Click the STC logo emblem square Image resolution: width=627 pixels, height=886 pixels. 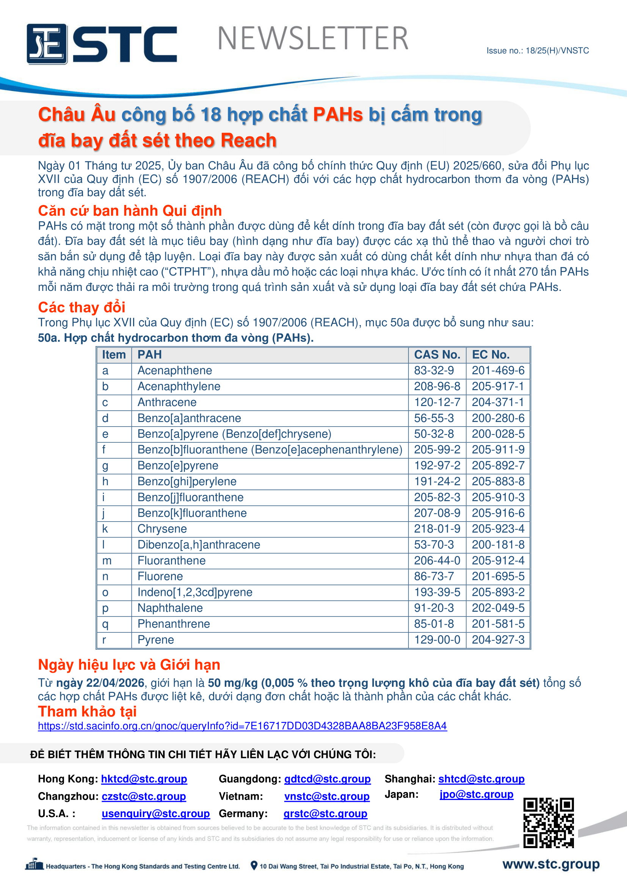(47, 44)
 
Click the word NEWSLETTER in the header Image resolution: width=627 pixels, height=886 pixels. (313, 39)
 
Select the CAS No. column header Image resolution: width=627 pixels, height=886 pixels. (437, 355)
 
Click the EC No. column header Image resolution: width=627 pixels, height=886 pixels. (490, 355)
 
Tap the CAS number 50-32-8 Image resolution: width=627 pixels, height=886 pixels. (434, 434)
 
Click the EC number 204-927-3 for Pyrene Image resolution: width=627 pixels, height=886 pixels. (498, 639)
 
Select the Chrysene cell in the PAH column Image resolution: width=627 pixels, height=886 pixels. (162, 529)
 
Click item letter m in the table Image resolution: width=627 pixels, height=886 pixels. (107, 560)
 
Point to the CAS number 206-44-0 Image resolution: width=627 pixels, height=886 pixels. (437, 560)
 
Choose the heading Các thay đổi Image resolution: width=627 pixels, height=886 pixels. (82, 307)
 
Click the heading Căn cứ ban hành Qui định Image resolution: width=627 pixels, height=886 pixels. (130, 211)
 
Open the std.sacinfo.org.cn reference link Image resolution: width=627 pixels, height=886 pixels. (242, 726)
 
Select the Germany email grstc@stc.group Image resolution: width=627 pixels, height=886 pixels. (325, 813)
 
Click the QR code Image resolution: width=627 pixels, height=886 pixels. (548, 822)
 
